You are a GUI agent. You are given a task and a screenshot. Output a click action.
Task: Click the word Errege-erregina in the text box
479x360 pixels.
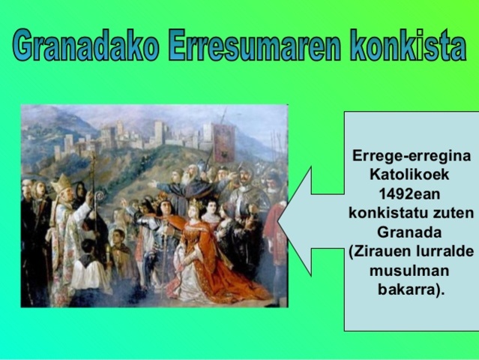click(412, 157)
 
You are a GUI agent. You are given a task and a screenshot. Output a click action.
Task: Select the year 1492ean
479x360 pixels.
click(412, 193)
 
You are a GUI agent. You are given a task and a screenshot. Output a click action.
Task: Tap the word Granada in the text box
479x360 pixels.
click(412, 232)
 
